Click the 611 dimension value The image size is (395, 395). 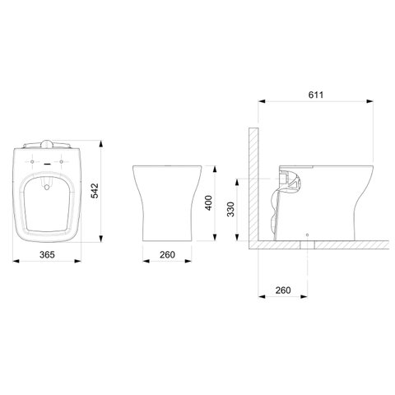pyautogui.click(x=316, y=95)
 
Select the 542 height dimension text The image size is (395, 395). pyautogui.click(x=95, y=191)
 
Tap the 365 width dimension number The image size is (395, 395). pyautogui.click(x=47, y=254)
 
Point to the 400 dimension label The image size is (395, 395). pyautogui.click(x=209, y=202)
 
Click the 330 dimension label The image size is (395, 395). pyautogui.click(x=230, y=209)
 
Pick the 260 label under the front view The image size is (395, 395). pyautogui.click(x=167, y=254)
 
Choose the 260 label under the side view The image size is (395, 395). pyautogui.click(x=283, y=290)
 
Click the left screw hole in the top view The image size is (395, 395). pyautogui.click(x=32, y=161)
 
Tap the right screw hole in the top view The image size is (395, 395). pyautogui.click(x=62, y=161)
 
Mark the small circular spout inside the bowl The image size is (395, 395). pyautogui.click(x=47, y=188)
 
